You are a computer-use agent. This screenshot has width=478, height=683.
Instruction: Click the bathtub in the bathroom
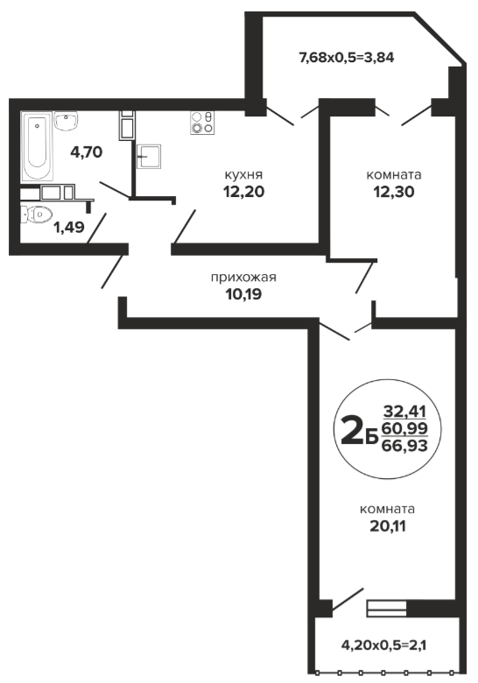(37, 146)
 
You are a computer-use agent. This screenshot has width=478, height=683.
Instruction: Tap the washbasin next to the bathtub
(67, 121)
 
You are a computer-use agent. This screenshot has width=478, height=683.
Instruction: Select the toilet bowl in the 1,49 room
(36, 215)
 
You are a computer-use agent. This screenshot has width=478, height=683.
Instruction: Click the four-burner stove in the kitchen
(202, 123)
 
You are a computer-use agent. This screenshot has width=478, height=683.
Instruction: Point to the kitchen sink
(149, 157)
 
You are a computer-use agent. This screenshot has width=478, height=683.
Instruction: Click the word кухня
(243, 175)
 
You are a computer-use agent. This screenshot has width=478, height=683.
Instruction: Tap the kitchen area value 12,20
(243, 191)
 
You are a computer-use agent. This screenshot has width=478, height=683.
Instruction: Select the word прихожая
(243, 278)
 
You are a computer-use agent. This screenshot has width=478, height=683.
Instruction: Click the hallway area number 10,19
(243, 294)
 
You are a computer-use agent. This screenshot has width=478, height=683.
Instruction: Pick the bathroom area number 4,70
(86, 152)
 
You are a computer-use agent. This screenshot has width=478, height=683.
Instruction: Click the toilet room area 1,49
(69, 227)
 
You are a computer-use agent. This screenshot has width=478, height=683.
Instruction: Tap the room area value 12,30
(394, 191)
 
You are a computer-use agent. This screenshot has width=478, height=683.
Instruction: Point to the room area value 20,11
(388, 526)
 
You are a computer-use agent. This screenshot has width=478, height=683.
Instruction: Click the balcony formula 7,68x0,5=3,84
(347, 57)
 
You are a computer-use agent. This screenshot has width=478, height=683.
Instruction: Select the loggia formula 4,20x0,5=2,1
(383, 644)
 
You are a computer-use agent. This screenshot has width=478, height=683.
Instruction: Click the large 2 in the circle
(352, 429)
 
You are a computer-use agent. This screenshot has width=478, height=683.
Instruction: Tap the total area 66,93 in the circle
(404, 445)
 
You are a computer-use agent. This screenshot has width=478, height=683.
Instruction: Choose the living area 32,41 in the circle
(404, 412)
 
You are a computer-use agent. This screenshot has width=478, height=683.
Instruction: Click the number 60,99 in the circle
(404, 428)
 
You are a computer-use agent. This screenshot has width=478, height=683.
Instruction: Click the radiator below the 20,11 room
(387, 609)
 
